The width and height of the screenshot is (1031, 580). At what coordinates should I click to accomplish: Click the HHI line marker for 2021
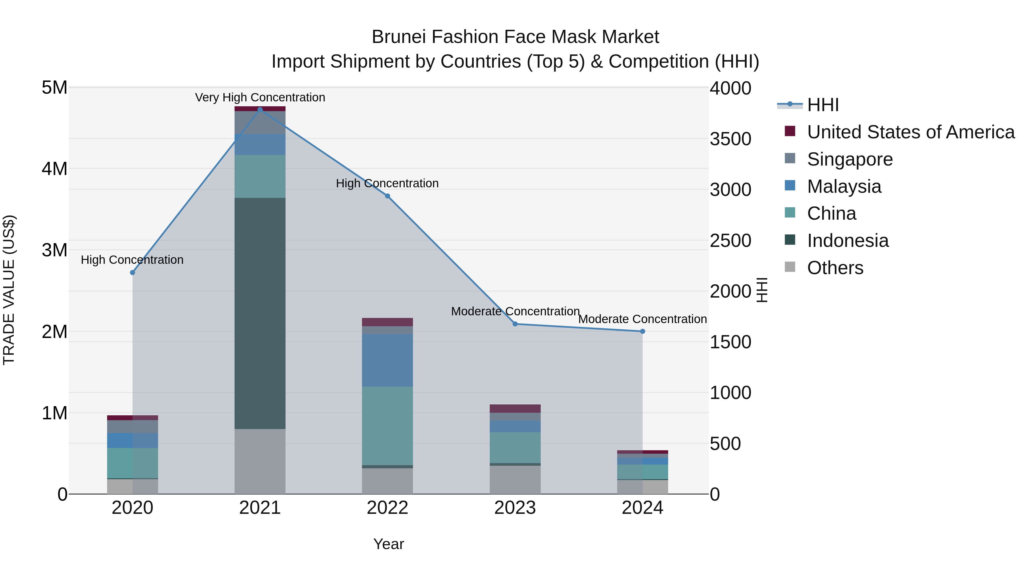pos(260,110)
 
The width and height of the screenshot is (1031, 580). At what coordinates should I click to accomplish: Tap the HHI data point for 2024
pos(642,331)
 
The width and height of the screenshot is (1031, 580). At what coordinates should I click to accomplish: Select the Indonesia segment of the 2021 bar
pos(260,313)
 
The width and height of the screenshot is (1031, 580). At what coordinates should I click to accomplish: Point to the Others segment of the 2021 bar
pos(260,461)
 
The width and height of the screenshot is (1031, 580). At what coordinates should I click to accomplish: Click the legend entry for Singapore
pos(849,159)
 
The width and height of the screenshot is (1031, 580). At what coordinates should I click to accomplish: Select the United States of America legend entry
pos(910,132)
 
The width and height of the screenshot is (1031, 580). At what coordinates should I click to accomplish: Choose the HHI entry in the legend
pos(823,105)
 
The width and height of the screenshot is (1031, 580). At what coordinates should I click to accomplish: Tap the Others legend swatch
pos(790,267)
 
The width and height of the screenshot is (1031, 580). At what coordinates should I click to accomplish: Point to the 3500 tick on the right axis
pos(730,139)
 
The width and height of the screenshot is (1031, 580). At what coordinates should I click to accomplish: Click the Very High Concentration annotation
pos(260,97)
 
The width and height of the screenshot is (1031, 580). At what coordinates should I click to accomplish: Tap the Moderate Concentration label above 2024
pos(642,319)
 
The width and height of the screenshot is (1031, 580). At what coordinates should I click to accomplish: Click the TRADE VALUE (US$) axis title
pos(9,290)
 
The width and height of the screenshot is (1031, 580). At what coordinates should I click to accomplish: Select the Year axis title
pos(388,544)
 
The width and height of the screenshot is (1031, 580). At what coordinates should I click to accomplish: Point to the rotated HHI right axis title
pos(762,290)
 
